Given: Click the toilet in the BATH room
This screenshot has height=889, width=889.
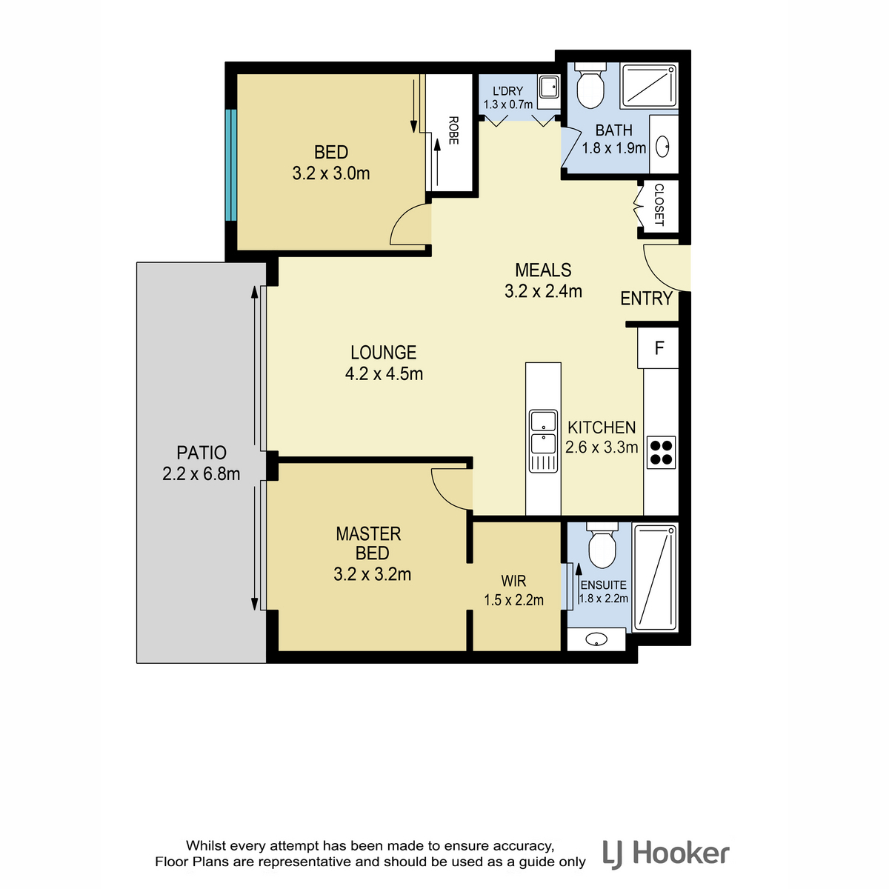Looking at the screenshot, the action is (590, 86).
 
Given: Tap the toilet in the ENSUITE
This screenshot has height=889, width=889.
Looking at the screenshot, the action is (602, 545).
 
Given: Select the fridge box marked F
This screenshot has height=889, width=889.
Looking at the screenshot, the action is (658, 347).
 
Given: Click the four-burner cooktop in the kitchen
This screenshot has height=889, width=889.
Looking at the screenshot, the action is (661, 452).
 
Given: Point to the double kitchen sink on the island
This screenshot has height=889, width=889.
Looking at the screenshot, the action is (542, 441).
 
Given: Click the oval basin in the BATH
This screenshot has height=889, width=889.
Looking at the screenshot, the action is (662, 146).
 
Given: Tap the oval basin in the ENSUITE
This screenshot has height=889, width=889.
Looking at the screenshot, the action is (596, 639).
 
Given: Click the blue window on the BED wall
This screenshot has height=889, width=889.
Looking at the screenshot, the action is (230, 164).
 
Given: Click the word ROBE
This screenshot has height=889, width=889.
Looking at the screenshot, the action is (453, 130).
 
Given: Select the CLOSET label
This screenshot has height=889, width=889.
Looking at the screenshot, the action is (659, 204).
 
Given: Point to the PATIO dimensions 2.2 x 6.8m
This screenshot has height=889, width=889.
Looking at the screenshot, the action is (202, 474).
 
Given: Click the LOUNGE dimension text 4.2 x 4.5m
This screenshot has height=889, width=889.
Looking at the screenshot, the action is (384, 373).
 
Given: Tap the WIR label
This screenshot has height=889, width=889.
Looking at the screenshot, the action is (513, 580).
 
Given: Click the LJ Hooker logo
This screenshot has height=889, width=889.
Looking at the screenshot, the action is (666, 854).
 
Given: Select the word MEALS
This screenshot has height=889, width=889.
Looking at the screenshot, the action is (543, 270).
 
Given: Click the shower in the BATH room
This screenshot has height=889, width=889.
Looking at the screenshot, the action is (649, 86).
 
